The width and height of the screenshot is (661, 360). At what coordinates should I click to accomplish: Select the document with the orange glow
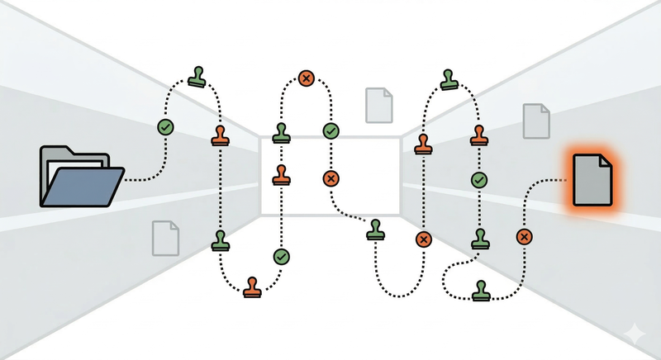coord(593,179)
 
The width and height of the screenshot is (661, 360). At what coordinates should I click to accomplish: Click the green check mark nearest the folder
coord(166,127)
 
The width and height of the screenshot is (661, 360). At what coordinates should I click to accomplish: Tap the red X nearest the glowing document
coord(523,237)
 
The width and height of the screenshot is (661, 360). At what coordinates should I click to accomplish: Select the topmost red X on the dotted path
coord(307,79)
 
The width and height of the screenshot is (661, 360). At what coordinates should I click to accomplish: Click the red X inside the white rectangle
coord(330,178)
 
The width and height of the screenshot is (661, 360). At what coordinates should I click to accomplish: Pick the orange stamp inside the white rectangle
coord(282,174)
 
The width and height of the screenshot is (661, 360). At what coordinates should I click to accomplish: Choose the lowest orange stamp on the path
coord(252,287)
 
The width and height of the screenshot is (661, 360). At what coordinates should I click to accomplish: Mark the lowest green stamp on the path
coord(480,290)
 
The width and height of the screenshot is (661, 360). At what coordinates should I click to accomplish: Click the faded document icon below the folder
coord(165,237)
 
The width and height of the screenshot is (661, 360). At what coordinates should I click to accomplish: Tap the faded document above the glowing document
coord(536,121)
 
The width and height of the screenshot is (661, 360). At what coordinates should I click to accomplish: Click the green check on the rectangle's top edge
coord(330,130)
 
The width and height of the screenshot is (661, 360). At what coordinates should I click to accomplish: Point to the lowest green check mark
coord(282,257)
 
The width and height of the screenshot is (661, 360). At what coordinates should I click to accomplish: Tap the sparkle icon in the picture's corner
coord(635,334)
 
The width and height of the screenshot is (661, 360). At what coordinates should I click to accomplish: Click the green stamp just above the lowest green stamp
coord(480,239)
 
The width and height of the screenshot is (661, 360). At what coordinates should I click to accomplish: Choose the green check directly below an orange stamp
coord(479,179)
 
